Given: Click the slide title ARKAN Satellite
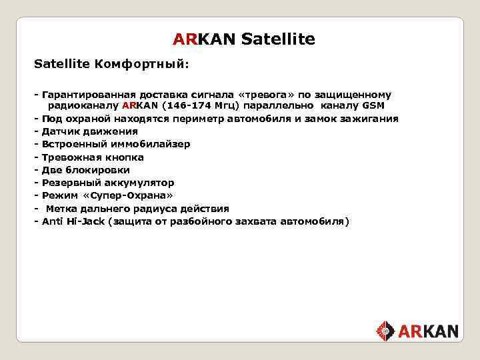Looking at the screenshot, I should (x=243, y=39).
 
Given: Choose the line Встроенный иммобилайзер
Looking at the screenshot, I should (x=115, y=144).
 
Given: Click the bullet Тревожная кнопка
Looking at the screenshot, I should (x=93, y=157).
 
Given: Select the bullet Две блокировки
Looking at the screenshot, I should (x=85, y=170).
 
